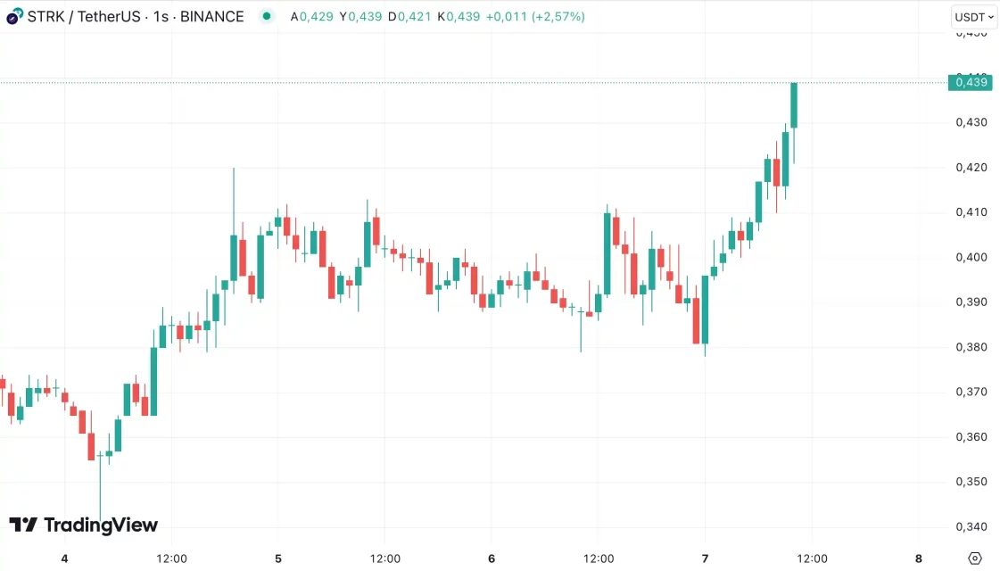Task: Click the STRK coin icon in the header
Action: (14, 16)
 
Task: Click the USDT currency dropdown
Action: (973, 17)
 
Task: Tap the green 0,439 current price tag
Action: (971, 82)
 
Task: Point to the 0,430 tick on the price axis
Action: (971, 122)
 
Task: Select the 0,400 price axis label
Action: (971, 257)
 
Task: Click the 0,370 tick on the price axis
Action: (971, 392)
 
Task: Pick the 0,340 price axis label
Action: (971, 526)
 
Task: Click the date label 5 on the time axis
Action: (278, 559)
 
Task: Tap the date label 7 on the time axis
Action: (706, 559)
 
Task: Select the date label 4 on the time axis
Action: (64, 559)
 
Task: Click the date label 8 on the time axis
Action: (919, 559)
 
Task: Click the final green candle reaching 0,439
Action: (793, 105)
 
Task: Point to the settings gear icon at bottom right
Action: (974, 559)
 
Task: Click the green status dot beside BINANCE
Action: (266, 16)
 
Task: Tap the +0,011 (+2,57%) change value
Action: (535, 16)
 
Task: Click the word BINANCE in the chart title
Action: (212, 16)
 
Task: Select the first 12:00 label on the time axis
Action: (171, 559)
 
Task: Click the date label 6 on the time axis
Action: (492, 559)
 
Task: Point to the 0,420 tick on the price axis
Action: (971, 167)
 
